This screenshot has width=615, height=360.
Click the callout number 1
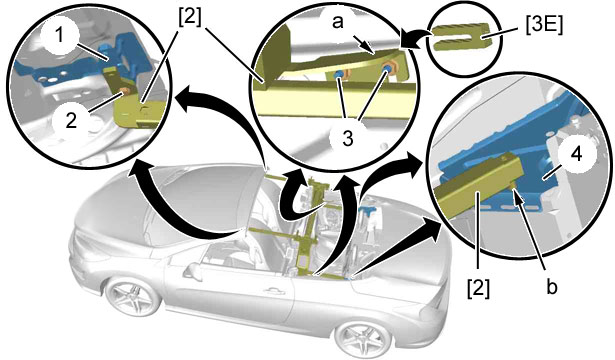tap(59, 36)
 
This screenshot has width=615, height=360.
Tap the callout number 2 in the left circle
tap(71, 120)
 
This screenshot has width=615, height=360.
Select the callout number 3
tap(348, 138)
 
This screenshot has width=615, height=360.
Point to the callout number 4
tap(576, 155)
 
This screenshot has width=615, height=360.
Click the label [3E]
tap(543, 26)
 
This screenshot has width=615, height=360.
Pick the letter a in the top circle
tap(338, 23)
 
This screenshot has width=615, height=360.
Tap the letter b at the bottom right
tap(551, 287)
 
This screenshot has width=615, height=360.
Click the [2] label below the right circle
tap(478, 289)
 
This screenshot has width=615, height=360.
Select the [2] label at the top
tap(189, 17)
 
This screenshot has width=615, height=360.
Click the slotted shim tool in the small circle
tap(462, 37)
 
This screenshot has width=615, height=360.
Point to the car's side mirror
tap(193, 270)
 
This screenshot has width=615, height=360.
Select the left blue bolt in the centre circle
tap(339, 75)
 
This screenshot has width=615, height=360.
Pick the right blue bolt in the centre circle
tap(388, 69)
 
